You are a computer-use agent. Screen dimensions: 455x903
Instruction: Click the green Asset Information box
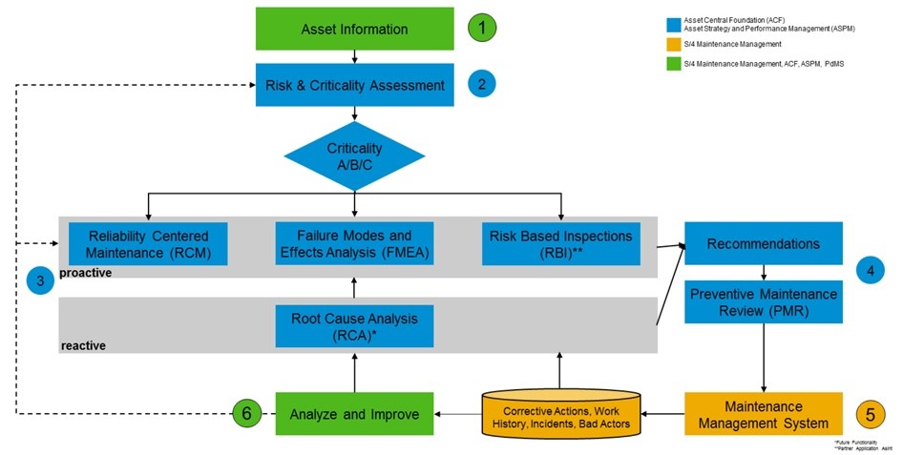click(x=354, y=29)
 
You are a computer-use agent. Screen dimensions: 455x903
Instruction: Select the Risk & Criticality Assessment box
click(x=354, y=85)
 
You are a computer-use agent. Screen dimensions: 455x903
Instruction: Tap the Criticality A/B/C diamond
click(x=354, y=155)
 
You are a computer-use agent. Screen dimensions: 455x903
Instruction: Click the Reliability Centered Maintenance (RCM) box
click(x=148, y=243)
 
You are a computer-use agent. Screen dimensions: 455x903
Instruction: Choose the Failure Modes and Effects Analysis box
click(x=354, y=243)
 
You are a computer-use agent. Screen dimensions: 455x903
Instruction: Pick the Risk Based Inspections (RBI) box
click(x=560, y=243)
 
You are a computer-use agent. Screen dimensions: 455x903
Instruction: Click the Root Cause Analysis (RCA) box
click(x=354, y=325)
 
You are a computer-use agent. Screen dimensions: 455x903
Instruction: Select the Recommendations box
click(x=763, y=243)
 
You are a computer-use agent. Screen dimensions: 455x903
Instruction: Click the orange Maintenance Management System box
click(x=763, y=414)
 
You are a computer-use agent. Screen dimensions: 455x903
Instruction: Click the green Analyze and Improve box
click(x=354, y=414)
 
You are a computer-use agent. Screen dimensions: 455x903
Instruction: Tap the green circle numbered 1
click(x=483, y=28)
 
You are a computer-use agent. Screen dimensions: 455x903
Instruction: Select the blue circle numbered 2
click(x=483, y=85)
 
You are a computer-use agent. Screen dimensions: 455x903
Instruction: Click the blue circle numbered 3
click(x=40, y=280)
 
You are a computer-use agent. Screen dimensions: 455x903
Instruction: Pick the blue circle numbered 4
click(x=871, y=270)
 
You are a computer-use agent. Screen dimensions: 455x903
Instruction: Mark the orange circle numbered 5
click(x=871, y=414)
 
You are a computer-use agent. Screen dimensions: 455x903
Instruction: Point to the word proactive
click(x=85, y=273)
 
